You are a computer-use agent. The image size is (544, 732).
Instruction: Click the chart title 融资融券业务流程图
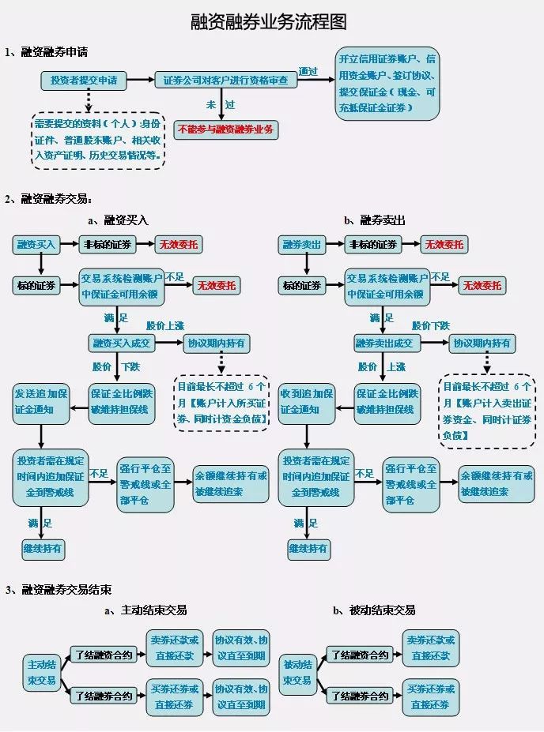point(270,21)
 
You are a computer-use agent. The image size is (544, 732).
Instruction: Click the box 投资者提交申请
point(84,80)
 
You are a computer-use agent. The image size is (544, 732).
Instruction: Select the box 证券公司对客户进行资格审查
point(225,80)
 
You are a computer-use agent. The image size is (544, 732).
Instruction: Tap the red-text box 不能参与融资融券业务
point(225,130)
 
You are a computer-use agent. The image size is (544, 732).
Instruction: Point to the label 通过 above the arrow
point(309,71)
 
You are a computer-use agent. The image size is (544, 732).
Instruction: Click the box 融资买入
point(36,245)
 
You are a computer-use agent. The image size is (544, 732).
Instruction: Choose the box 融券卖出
point(302,245)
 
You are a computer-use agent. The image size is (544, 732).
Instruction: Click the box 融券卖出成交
point(387,343)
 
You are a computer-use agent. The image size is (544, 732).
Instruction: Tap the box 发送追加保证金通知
point(40,400)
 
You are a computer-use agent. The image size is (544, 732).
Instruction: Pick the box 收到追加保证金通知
point(305,400)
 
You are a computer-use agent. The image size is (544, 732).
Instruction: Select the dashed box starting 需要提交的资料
point(97,140)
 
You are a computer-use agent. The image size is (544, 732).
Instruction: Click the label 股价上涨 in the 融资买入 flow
point(165,325)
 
